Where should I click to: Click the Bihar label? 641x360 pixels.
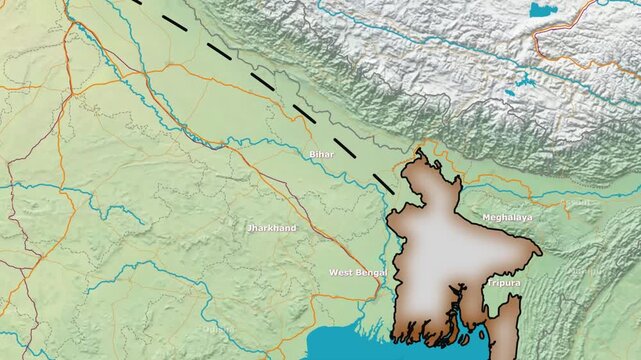(321, 154)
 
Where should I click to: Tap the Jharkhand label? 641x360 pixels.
(271, 228)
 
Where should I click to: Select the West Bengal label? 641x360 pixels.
(357, 272)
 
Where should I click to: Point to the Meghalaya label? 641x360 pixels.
(507, 217)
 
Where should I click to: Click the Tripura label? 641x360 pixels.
(504, 283)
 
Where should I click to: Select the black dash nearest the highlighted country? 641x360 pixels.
(383, 182)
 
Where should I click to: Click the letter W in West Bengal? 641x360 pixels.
(333, 272)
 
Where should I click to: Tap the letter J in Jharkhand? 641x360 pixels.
(249, 228)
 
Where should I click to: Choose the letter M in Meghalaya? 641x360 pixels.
(486, 217)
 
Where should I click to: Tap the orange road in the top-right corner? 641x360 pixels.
(560, 25)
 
